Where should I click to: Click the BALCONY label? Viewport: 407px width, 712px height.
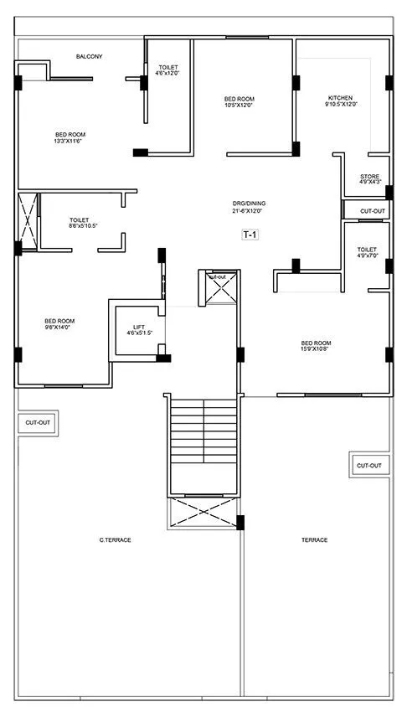[89, 56]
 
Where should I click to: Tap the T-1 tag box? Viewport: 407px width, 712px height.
[250, 235]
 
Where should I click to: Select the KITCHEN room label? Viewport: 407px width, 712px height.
[339, 98]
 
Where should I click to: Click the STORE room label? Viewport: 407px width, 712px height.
[369, 176]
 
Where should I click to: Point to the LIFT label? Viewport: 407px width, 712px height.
[139, 327]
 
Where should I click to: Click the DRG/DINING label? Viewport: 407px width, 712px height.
[249, 204]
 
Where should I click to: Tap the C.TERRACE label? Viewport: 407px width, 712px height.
[115, 539]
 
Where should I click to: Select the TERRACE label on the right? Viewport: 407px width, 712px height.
[314, 539]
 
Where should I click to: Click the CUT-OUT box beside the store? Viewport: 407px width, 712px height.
[372, 211]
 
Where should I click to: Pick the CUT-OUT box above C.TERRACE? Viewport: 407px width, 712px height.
[38, 423]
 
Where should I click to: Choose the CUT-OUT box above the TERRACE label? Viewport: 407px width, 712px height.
[368, 465]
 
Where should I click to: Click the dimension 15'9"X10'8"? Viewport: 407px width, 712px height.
[316, 349]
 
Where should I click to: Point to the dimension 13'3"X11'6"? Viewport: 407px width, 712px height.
[70, 141]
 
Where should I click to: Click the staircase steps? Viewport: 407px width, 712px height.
[203, 444]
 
